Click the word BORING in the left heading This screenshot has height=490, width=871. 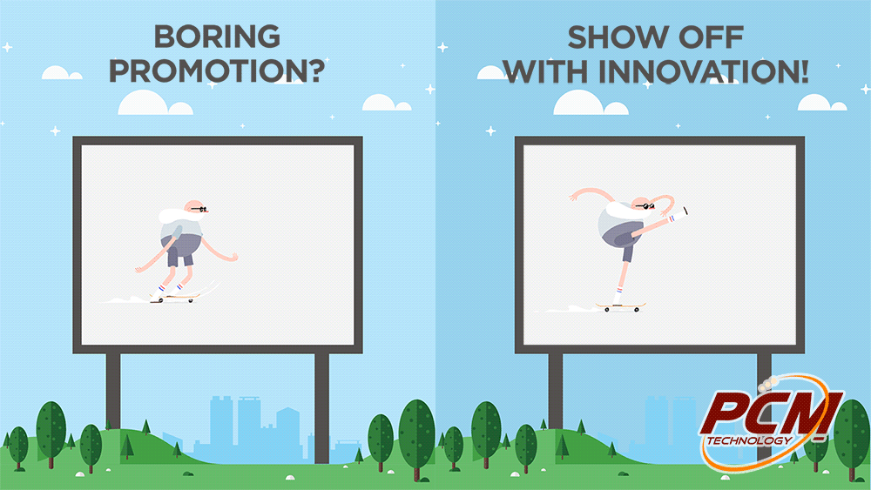point(217,37)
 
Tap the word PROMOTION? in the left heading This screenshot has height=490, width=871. point(217,71)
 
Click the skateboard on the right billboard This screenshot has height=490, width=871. point(621,306)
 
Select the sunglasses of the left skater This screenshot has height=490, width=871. point(199,209)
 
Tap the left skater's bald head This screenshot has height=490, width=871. point(194,207)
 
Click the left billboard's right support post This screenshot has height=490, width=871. point(321,408)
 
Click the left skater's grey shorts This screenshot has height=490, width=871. point(179,249)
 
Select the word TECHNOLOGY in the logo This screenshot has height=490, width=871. point(750,440)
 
